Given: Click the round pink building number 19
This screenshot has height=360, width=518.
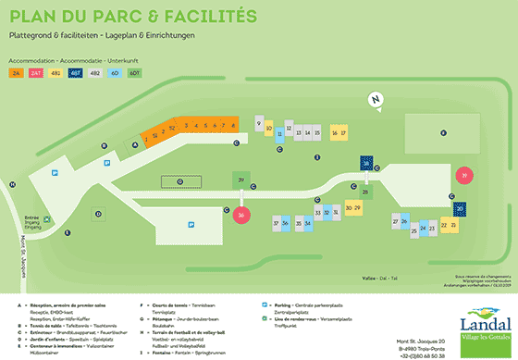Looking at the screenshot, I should point(465,174).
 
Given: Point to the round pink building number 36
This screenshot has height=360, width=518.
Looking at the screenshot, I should point(240,216).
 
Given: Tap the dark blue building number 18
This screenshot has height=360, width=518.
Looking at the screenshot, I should point(366,163).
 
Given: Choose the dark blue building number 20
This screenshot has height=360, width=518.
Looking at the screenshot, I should point(460,208).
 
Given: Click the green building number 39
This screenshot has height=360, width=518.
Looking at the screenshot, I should point(240,180).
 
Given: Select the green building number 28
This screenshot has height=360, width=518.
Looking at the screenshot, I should point(366,192).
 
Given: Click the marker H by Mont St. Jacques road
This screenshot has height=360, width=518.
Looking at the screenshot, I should point(12,184).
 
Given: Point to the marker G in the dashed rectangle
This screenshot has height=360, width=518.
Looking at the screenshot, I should point(179,181).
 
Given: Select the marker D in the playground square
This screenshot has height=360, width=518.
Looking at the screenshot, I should point(96,215).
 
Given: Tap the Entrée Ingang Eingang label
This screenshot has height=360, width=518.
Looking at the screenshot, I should point(33,222).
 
